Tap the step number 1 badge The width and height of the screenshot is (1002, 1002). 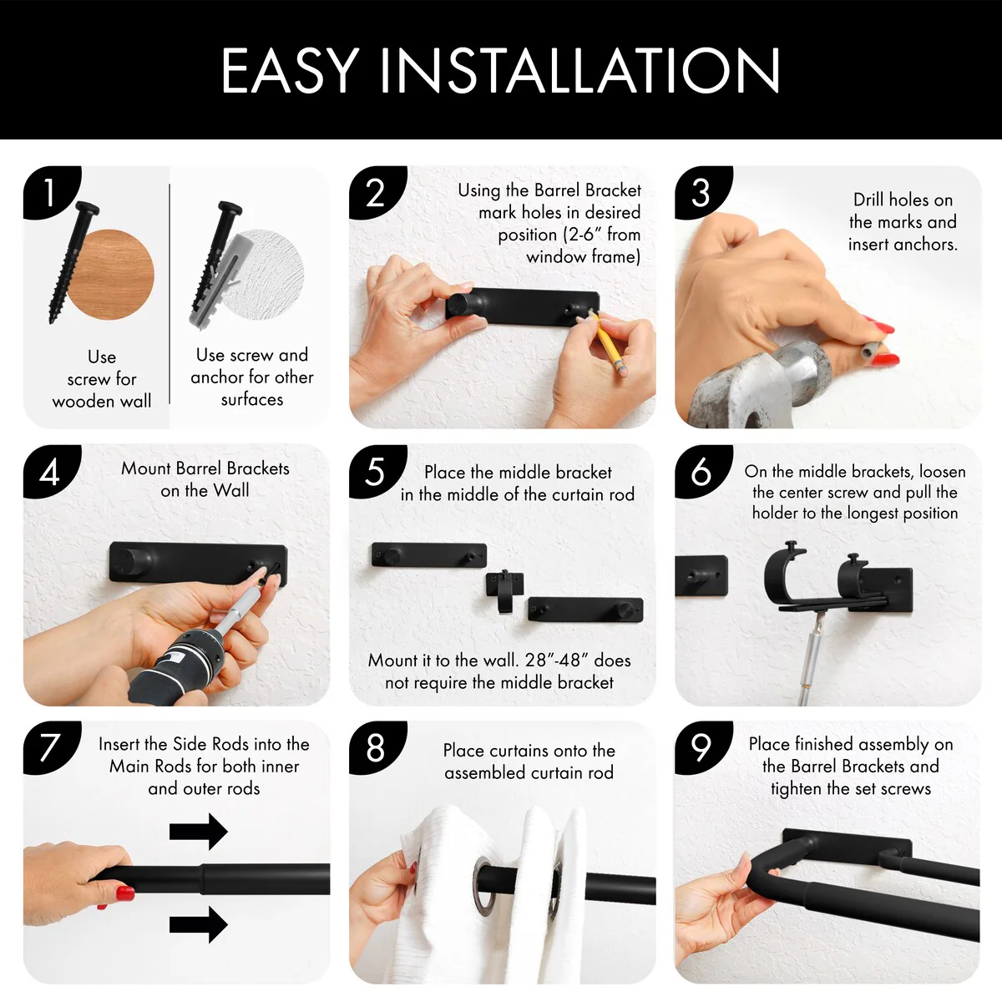tap(50, 191)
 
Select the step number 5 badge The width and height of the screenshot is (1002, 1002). tap(377, 471)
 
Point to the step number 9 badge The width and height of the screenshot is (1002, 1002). tap(702, 746)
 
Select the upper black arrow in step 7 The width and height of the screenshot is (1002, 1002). tap(198, 831)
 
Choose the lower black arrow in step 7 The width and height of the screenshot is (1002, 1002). tap(198, 924)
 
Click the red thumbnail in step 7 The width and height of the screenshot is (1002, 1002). tap(124, 893)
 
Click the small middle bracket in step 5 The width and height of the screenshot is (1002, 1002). tap(504, 589)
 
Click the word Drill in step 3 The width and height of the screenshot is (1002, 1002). tap(872, 200)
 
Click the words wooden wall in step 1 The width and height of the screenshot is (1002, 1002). tap(102, 401)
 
